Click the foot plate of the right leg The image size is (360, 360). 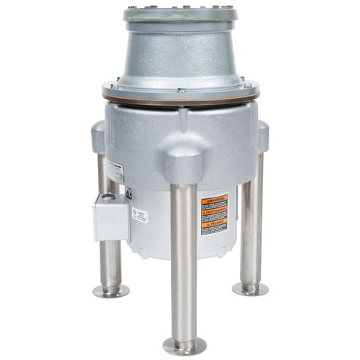251,289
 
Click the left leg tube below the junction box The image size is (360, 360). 112,262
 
